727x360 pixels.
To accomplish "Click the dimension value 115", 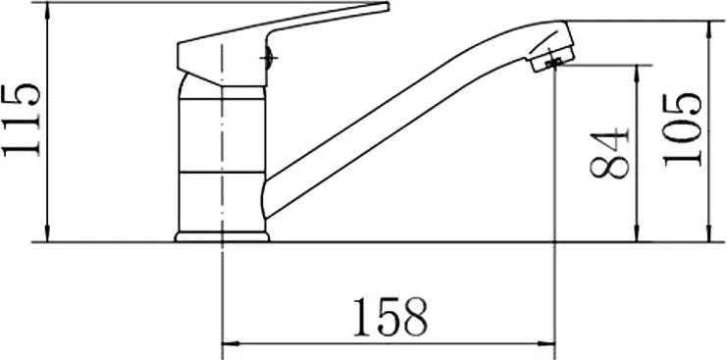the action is click(x=22, y=121).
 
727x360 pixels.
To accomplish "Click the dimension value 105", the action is click(x=682, y=129).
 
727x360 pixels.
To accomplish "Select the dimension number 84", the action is click(x=609, y=154).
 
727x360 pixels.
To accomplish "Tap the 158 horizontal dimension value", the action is click(x=389, y=318).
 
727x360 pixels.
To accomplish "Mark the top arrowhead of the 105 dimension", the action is click(x=709, y=29).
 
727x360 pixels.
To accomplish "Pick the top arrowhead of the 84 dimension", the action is click(x=637, y=74).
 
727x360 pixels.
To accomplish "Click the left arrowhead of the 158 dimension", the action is click(x=231, y=343).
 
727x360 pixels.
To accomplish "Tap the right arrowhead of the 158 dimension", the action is click(x=546, y=343).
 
